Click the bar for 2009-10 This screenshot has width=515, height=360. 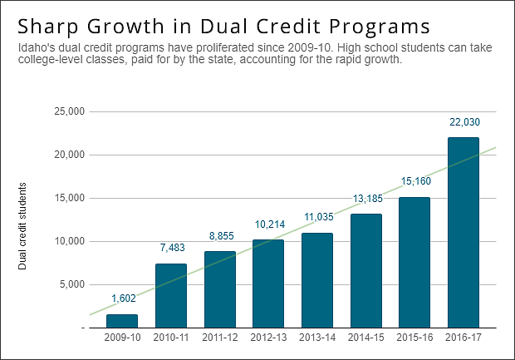click(x=122, y=321)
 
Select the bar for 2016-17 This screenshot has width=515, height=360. click(x=463, y=233)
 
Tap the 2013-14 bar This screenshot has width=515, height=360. click(x=316, y=280)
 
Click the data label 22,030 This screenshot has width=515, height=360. click(x=463, y=122)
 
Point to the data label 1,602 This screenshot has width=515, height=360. click(x=122, y=299)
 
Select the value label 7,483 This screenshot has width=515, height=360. click(x=171, y=248)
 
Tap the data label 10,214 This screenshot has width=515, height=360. click(x=268, y=224)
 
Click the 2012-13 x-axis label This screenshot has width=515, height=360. click(x=268, y=338)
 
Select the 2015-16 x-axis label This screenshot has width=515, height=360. click(x=414, y=338)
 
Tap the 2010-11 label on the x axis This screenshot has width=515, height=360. click(x=171, y=338)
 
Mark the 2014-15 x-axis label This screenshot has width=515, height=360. click(x=365, y=338)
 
